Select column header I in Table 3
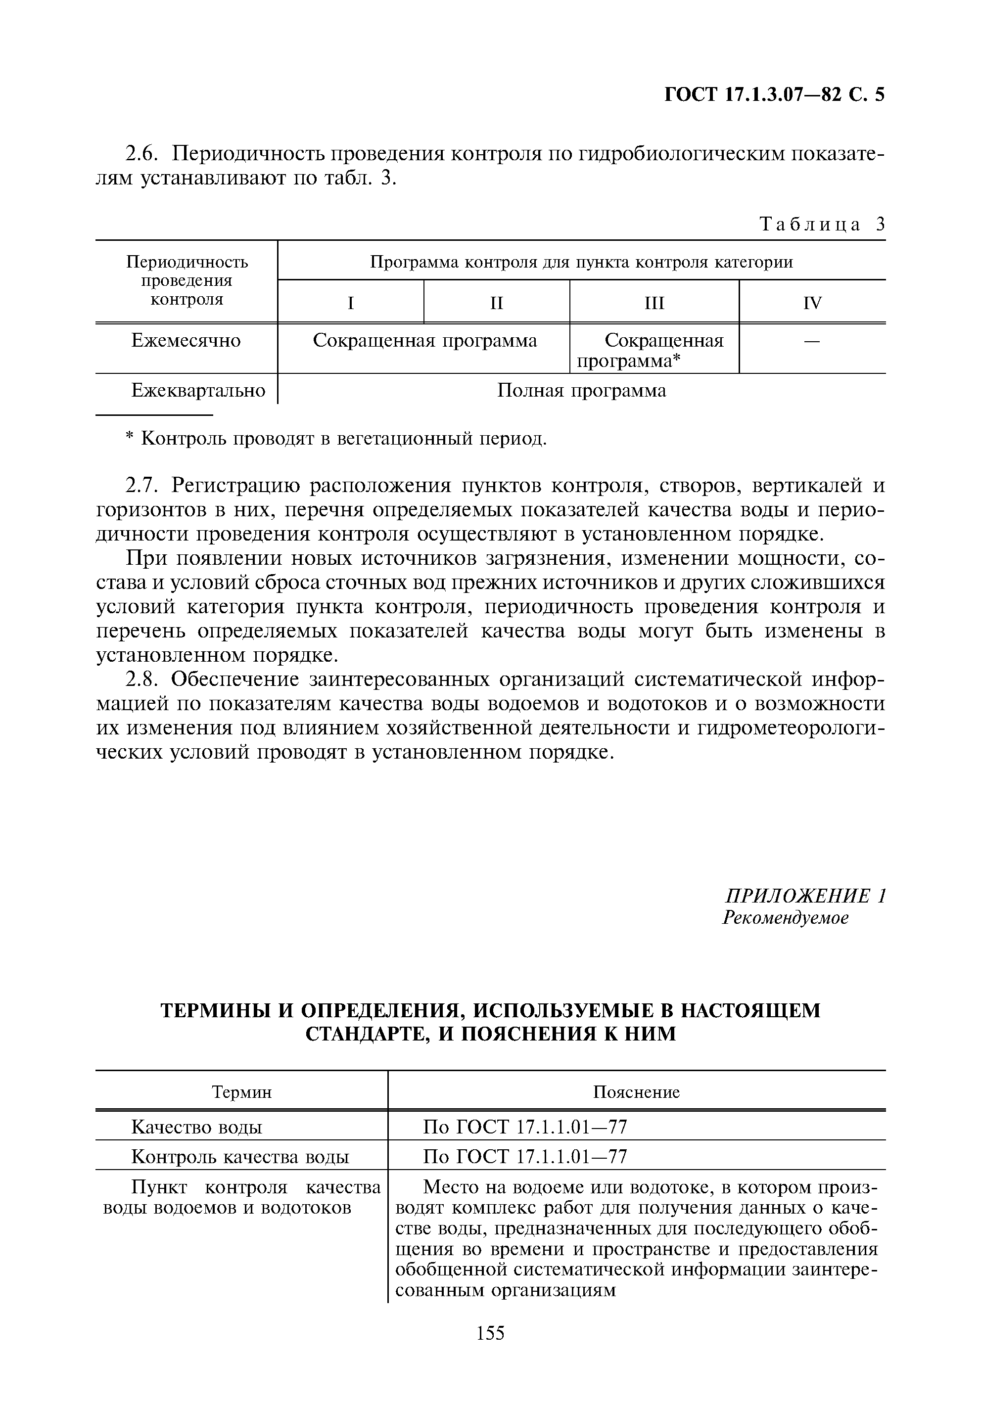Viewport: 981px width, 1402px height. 351,303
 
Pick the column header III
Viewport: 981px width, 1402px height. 654,303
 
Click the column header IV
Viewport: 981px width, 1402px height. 812,303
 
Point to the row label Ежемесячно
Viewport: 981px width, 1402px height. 187,341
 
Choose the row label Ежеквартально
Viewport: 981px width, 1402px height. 198,391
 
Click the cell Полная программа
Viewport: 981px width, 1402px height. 581,391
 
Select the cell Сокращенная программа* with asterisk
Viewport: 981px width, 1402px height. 654,351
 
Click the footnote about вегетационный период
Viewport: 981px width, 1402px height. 335,439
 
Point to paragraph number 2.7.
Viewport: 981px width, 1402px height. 141,486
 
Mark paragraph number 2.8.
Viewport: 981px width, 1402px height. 141,679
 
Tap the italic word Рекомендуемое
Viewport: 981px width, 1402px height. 786,918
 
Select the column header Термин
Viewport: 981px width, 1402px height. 241,1092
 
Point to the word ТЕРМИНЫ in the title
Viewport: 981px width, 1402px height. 215,1011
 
